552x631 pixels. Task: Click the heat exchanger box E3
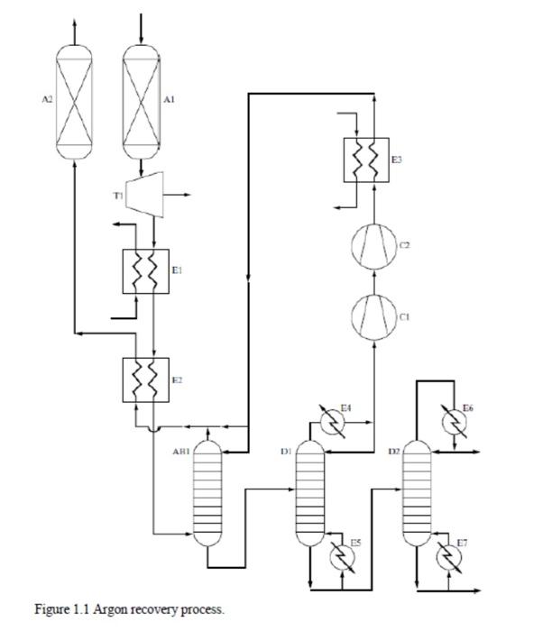coord(365,161)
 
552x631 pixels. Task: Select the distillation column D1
coord(309,494)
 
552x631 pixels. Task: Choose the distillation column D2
coord(416,494)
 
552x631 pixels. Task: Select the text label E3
coord(397,160)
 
